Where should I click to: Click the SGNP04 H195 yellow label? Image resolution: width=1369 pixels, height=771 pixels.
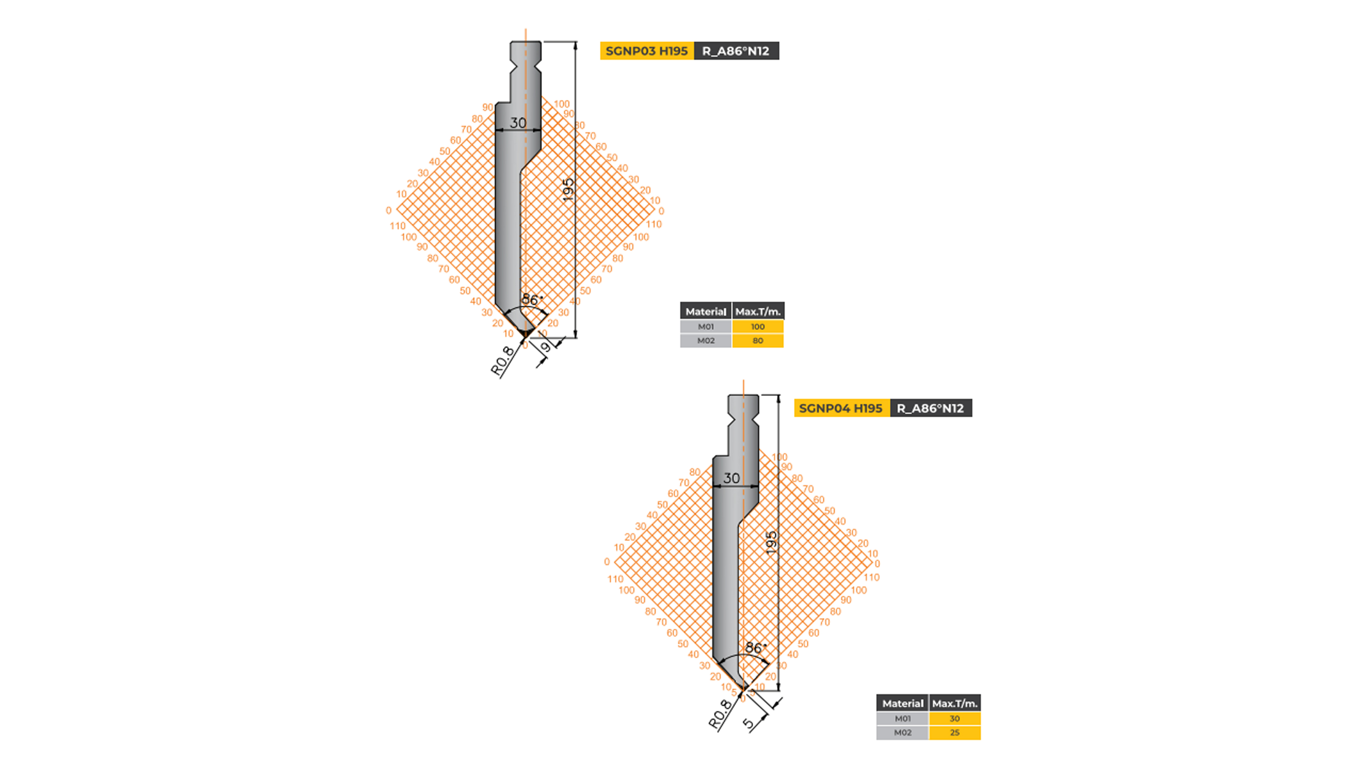point(841,408)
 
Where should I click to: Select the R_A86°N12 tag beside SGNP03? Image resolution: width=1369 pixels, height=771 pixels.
point(736,51)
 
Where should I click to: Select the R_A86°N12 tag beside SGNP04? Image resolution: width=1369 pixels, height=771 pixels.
point(930,408)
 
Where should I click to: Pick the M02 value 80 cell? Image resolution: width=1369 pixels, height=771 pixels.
point(757,341)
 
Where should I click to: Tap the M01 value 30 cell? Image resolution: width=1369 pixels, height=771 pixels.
point(955,718)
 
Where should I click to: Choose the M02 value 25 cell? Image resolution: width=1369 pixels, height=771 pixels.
point(955,732)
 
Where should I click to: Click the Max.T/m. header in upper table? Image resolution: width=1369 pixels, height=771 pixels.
point(758,311)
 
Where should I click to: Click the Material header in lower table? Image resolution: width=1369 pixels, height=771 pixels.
point(902,703)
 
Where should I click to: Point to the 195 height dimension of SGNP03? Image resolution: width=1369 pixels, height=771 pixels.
point(568,190)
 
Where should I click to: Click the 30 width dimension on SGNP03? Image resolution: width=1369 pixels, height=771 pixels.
point(518,123)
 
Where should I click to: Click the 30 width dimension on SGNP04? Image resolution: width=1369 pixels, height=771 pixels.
point(732,478)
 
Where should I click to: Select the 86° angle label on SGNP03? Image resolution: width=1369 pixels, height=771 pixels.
point(531,300)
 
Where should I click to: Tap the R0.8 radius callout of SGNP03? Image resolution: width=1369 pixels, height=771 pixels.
point(502,361)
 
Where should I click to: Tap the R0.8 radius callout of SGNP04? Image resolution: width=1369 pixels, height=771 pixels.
point(720,714)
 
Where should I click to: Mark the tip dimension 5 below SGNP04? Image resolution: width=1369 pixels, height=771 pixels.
point(748,723)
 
